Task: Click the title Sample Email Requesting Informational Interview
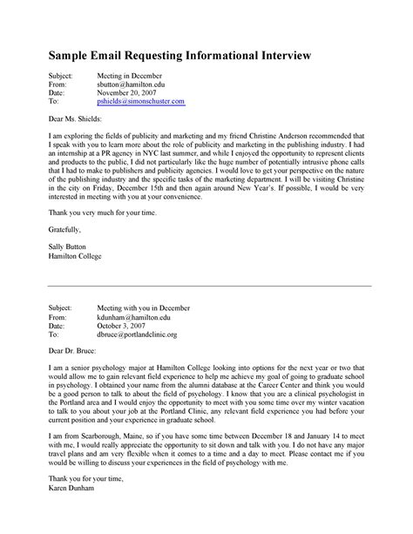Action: tap(185, 57)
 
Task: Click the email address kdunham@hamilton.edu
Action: tap(132, 316)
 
